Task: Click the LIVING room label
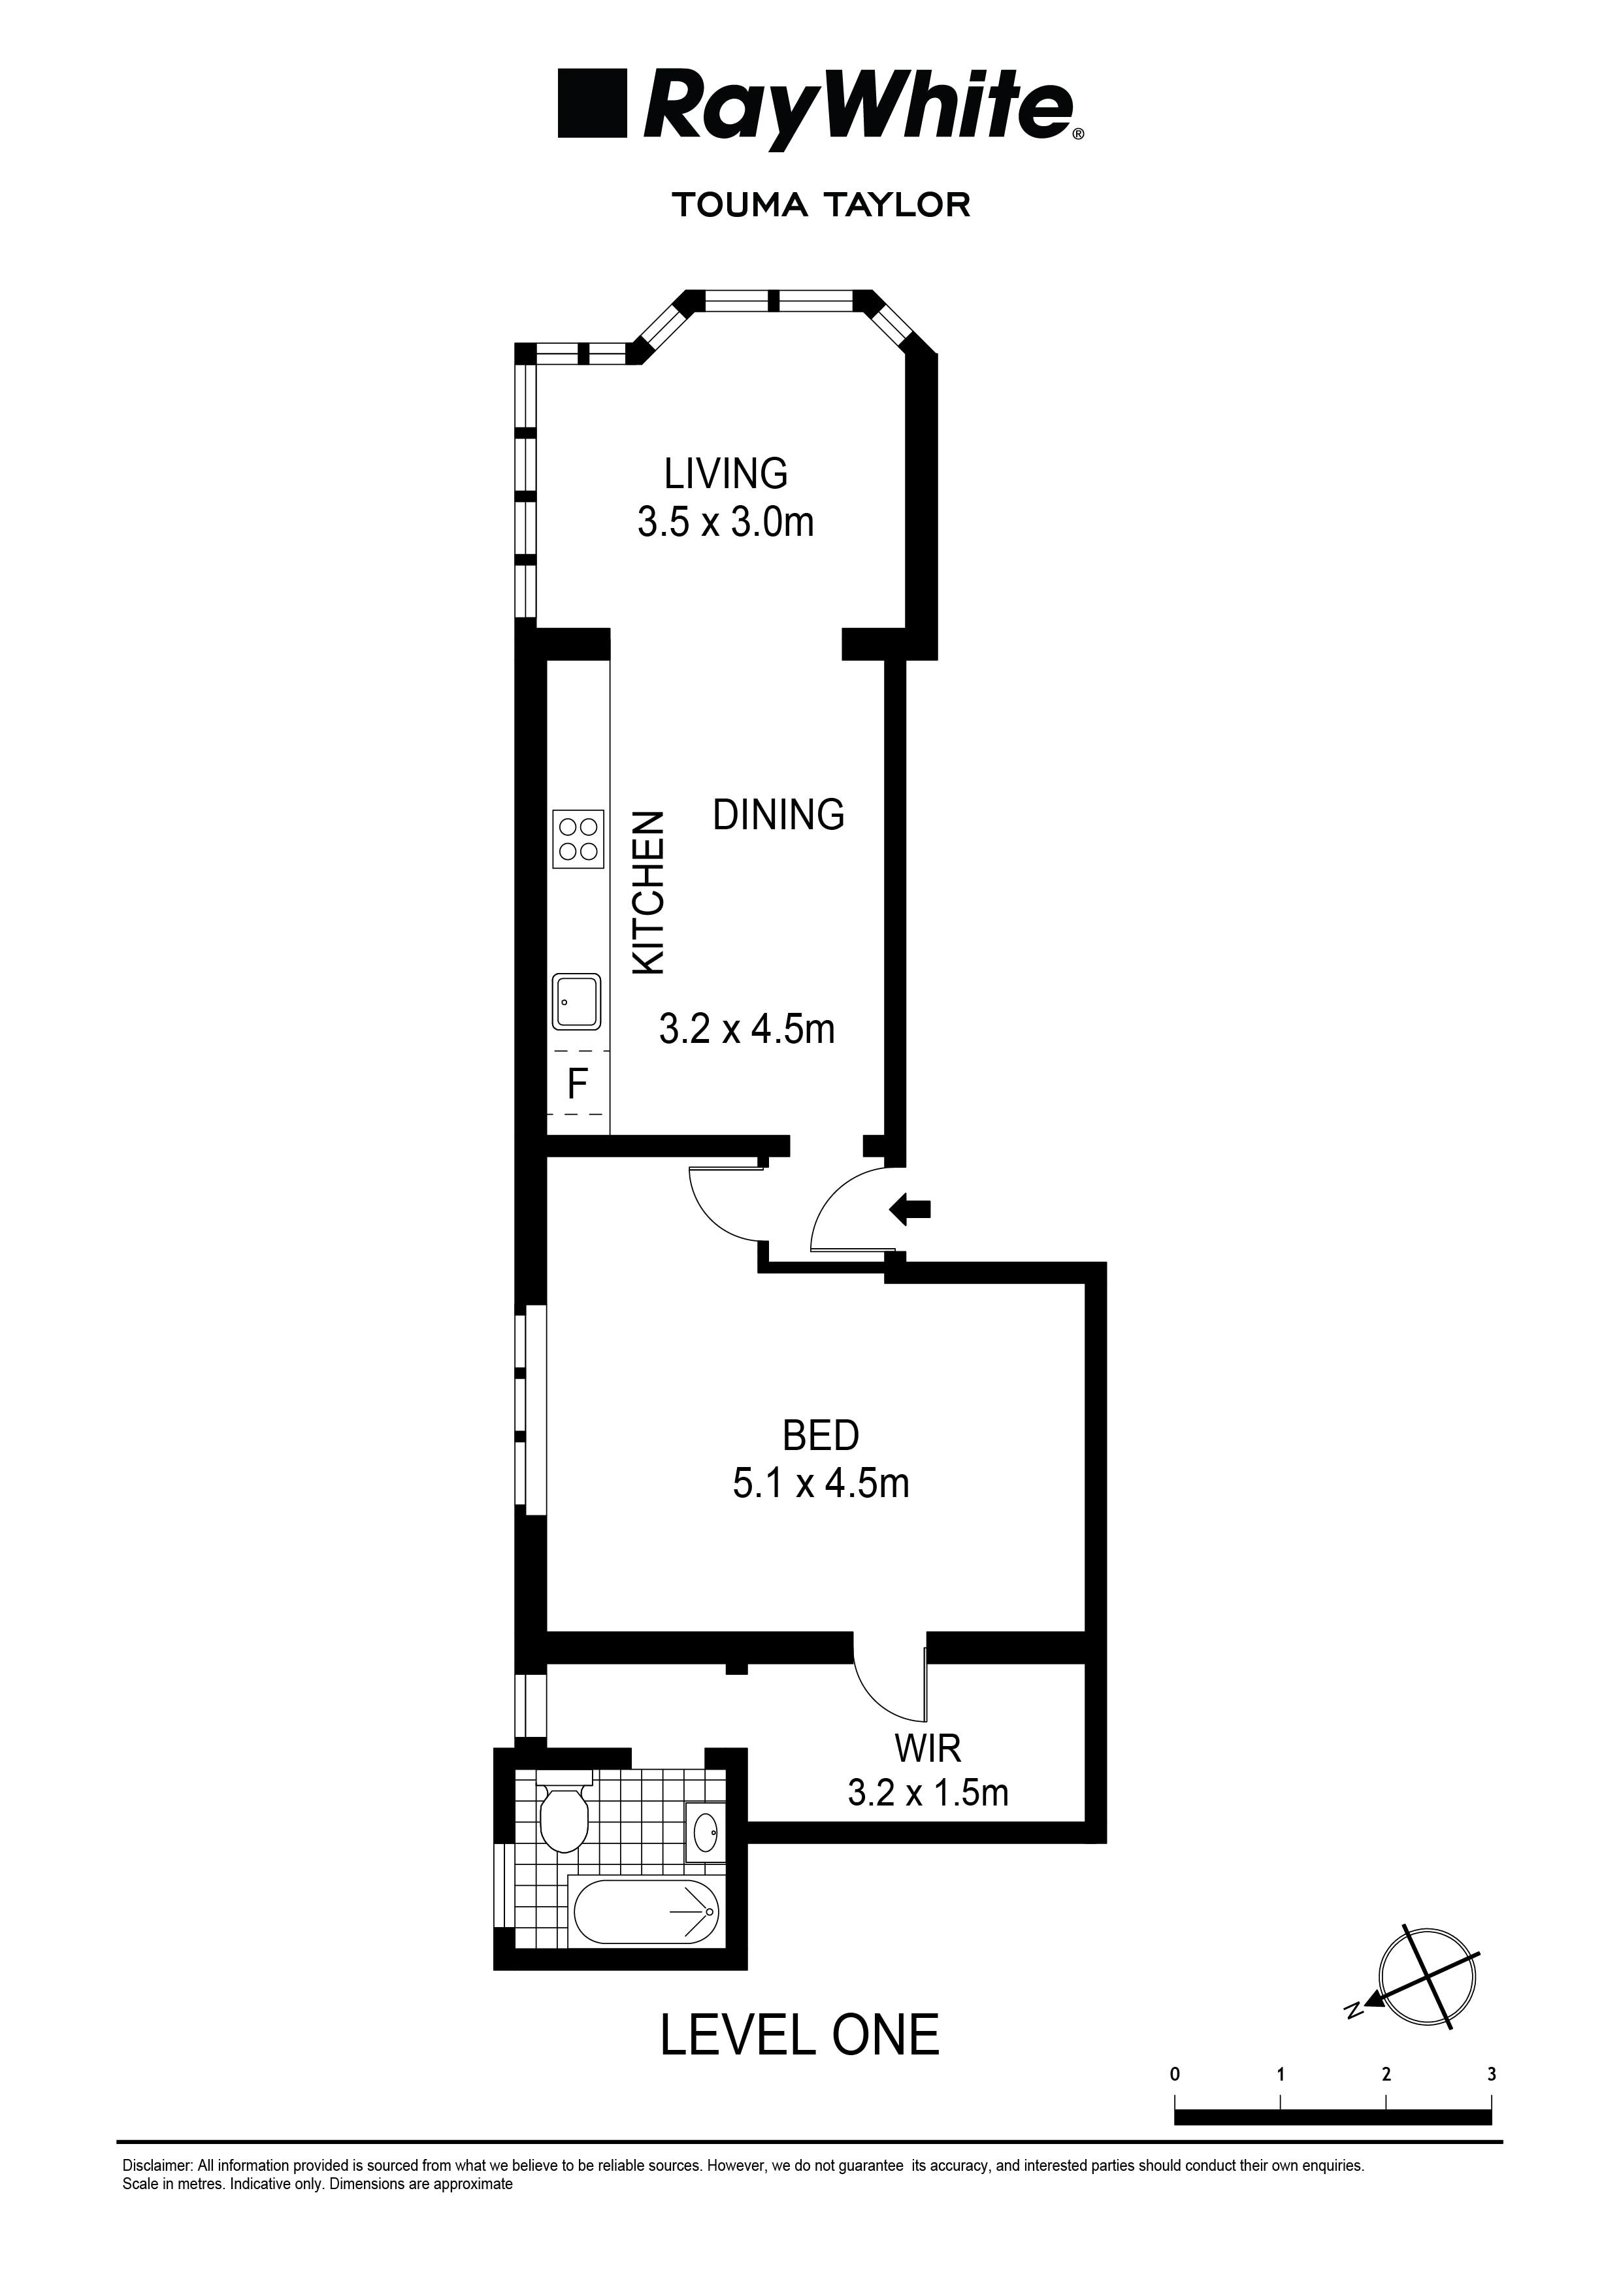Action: click(x=725, y=472)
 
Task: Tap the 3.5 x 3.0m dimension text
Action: click(x=725, y=522)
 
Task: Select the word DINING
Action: click(x=778, y=815)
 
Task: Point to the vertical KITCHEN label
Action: click(x=649, y=892)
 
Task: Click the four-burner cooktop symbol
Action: click(x=578, y=839)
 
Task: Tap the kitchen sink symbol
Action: click(x=576, y=1002)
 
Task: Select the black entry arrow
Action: click(x=910, y=1210)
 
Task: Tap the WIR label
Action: click(x=927, y=1748)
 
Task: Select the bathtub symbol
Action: click(x=646, y=1913)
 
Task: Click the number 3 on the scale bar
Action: click(x=1491, y=2074)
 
